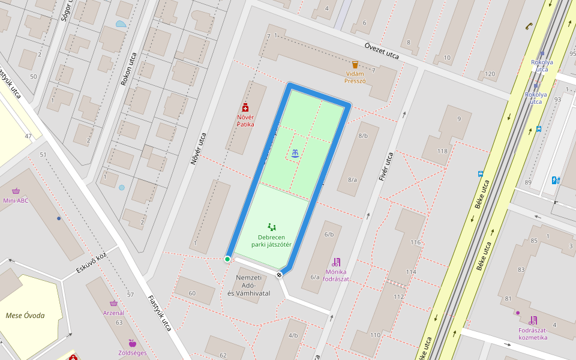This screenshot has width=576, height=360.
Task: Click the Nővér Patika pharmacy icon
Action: pos(245,107)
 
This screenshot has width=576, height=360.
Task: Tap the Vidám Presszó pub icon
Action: pos(355,64)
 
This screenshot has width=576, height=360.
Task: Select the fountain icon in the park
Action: pos(295,154)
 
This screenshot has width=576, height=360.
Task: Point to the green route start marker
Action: pos(227,259)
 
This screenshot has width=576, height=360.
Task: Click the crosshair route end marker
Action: pos(279,275)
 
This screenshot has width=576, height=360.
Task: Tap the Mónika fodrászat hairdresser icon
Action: pos(335,262)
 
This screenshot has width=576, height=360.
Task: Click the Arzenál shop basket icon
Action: pos(113,304)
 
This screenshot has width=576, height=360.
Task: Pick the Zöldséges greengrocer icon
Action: pos(132,343)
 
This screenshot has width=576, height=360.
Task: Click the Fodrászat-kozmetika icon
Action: pos(533,320)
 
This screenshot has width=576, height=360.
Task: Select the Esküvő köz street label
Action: pos(92,263)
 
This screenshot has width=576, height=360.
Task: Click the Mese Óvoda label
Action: pos(25,316)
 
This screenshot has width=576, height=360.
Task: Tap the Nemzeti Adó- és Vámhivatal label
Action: pos(248,286)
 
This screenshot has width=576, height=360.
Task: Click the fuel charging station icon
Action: pos(555,179)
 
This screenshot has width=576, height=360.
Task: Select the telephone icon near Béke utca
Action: pos(529,26)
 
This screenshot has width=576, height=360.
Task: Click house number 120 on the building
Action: pos(490,74)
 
